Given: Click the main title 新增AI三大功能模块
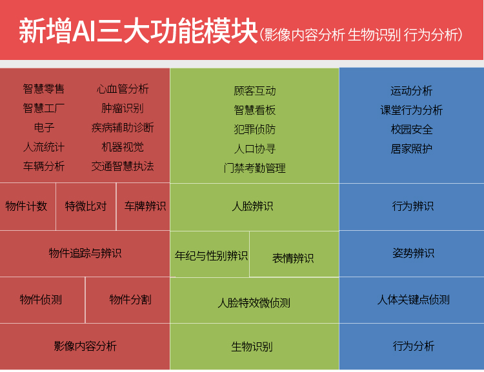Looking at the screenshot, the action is coord(138,31).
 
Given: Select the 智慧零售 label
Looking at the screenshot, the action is coord(43,89).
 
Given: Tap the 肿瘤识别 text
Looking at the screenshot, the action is coord(123,108).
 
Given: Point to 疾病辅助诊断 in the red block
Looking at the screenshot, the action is coord(123,128).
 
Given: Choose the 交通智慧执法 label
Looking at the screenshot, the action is coord(123,166).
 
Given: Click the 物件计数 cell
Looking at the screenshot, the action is coord(28,206).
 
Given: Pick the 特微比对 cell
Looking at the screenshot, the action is coord(86,206).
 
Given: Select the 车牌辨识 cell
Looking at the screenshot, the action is coord(143,206).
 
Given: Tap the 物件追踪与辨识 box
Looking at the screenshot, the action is coord(85,253).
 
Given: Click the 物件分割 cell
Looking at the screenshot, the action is coord(128,300).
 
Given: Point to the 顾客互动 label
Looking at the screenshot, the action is coord(255,91).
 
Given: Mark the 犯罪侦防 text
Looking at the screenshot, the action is coord(255,130).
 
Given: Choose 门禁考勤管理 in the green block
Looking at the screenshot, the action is coord(255,168).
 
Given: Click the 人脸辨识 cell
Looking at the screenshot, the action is coord(254,207).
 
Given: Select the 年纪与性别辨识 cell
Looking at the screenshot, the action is coord(210,254).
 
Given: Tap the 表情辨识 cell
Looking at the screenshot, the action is coord(294,254).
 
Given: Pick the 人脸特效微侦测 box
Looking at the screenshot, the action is coord(254,300).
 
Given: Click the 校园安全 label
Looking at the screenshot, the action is coord(412,130).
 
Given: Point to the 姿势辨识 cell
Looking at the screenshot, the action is coord(412,253).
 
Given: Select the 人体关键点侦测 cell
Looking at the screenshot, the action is coord(412,300).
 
